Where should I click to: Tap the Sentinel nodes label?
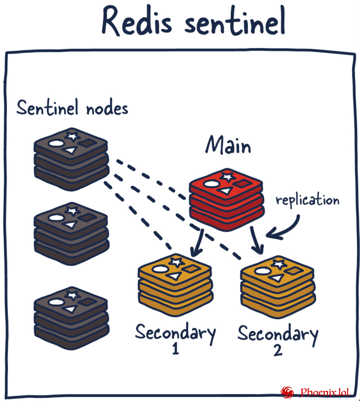[72, 108]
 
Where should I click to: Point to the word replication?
[307, 200]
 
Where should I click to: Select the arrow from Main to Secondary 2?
[257, 242]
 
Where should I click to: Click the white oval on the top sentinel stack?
[56, 143]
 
